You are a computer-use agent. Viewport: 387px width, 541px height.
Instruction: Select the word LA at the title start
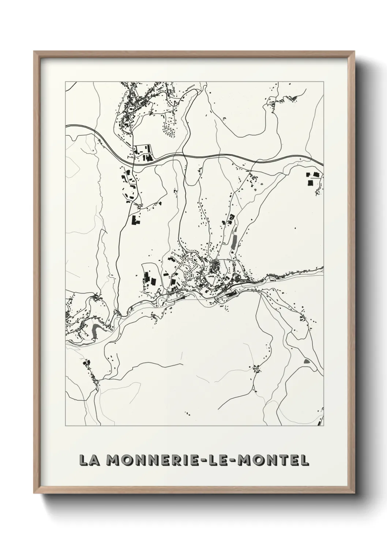pos(89,460)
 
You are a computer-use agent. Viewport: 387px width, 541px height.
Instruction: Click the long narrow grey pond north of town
pos(234,241)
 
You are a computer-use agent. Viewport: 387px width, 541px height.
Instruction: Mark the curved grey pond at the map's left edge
pos(95,329)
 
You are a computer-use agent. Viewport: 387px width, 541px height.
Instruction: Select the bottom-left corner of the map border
pos(65,426)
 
